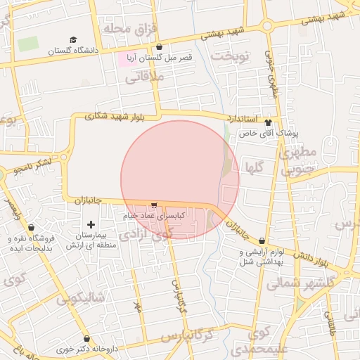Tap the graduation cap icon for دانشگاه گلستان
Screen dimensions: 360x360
pos(74,41)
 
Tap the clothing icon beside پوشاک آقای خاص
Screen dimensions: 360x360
pos(268,122)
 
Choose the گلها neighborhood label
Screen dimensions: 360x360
pos(256,167)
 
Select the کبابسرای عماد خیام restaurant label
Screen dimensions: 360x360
pos(154,216)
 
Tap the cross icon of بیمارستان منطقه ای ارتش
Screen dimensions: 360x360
pos(91,224)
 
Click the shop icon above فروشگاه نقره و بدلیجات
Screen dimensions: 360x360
pos(32,227)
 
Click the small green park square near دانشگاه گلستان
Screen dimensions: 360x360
pos(28,44)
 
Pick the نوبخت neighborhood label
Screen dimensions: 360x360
pos(232,55)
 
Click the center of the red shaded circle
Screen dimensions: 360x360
pos(180,180)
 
